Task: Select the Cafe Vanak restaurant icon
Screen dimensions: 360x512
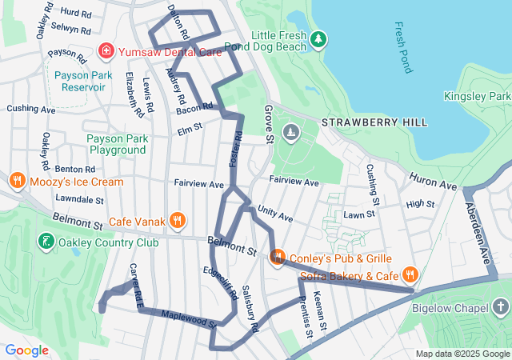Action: coord(178,221)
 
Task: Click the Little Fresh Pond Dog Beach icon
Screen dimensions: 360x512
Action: coord(318,38)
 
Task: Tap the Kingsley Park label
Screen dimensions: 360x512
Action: coord(477,96)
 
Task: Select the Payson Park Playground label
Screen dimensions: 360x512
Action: coord(118,144)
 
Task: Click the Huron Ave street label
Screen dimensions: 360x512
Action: coord(432,181)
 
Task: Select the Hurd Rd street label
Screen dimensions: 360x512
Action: coord(76,14)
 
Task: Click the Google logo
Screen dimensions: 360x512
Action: coord(26,350)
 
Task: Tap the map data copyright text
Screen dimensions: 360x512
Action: coord(462,354)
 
